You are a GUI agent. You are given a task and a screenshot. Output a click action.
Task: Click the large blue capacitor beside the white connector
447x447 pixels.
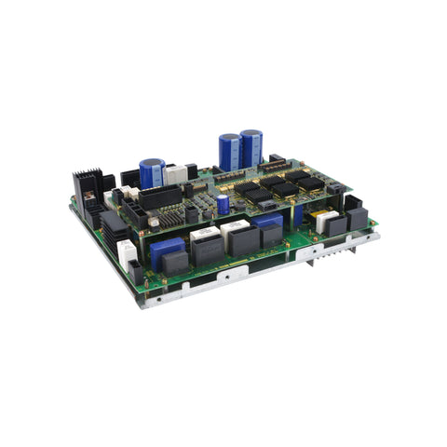pyautogui.click(x=152, y=172)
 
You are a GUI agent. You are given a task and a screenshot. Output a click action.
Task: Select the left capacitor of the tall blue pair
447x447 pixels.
pyautogui.click(x=229, y=151)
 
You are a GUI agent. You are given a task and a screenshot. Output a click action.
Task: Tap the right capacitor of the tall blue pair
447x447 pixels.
pyautogui.click(x=251, y=147)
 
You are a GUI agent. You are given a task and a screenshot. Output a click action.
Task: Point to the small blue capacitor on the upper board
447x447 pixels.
pyautogui.click(x=223, y=204)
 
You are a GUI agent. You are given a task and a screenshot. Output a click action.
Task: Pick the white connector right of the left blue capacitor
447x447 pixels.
pyautogui.click(x=175, y=174)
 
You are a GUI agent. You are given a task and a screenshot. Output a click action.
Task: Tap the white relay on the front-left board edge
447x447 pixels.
pyautogui.click(x=126, y=253)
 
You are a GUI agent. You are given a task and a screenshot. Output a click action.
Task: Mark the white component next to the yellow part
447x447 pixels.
pyautogui.click(x=327, y=221)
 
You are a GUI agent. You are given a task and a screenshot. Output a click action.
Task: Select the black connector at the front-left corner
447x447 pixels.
pyautogui.click(x=135, y=273)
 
